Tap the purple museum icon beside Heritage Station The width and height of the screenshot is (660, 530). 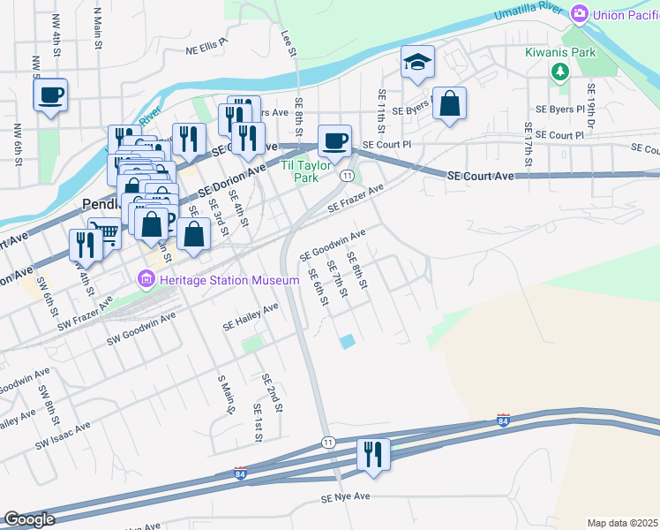coord(146,280)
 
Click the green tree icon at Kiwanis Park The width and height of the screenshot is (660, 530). coord(559,72)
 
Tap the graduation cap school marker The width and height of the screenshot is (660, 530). coord(418,62)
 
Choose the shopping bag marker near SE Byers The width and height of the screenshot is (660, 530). coord(449,102)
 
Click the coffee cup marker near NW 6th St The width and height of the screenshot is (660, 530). coord(50,94)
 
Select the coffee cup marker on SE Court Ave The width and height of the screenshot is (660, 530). coord(334,140)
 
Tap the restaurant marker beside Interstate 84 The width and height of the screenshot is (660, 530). coord(373,454)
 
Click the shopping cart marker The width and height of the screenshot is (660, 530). coord(105,233)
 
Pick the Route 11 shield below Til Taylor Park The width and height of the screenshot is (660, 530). coord(349,177)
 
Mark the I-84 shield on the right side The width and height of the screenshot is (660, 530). coord(504,420)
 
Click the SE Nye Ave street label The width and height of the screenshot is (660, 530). coord(346,498)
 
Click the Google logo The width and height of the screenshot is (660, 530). coord(29,519)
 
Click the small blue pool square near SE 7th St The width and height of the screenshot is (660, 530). coord(348,341)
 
